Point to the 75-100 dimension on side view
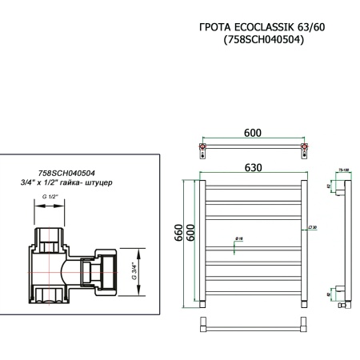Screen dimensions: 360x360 coord(342,170)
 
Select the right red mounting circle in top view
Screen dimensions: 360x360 coord(302,148)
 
